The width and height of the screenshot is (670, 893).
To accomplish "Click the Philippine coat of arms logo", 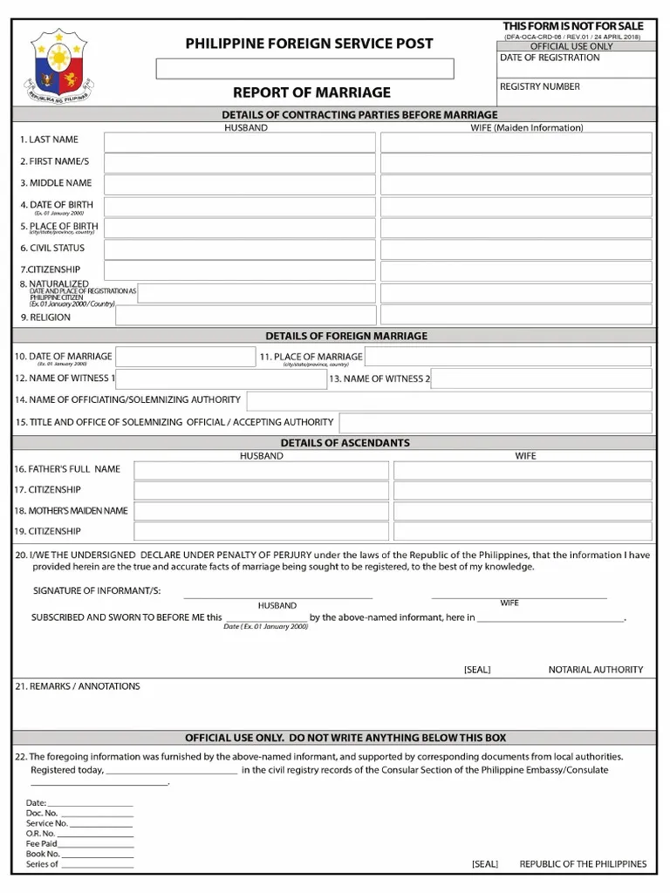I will (60, 67).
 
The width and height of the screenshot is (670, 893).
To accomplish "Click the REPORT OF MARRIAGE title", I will (311, 92).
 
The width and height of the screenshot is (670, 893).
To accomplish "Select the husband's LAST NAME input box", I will (240, 142).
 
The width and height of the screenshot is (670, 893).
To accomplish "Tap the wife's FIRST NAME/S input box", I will (516, 163).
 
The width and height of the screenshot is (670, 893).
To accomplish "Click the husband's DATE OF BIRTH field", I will (240, 207).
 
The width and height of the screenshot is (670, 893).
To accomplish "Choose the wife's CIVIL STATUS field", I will (516, 250).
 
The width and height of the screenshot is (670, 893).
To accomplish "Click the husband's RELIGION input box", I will (246, 316).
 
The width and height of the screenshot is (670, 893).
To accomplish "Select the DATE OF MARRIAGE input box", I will (186, 357).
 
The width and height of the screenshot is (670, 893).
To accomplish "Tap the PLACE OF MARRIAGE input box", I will (507, 357).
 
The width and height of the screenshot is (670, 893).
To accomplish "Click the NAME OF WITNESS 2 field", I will (541, 378).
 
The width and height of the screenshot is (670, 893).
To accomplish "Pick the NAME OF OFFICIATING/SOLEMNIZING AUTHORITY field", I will (449, 401).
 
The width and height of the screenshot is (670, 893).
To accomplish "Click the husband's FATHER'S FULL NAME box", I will (261, 471).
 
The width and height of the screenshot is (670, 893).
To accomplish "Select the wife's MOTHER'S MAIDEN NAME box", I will (522, 512).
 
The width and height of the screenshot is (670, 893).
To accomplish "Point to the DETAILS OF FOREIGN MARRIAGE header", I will (346, 336).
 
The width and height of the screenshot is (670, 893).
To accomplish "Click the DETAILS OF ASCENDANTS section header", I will (345, 443).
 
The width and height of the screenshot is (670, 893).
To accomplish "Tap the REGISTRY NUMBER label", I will (539, 86).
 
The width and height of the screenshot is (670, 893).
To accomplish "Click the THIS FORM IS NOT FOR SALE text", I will (572, 26).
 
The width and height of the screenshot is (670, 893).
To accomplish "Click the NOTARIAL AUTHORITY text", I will (595, 670).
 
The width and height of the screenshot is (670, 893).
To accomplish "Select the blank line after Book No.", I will (98, 856).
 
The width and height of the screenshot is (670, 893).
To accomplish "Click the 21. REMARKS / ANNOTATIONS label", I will (78, 686).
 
